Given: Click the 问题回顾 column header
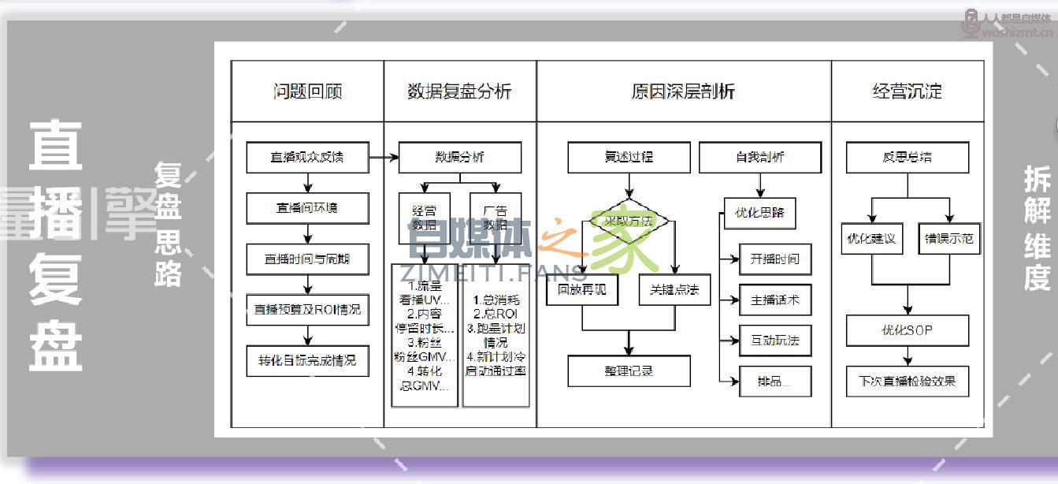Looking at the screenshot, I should (307, 91).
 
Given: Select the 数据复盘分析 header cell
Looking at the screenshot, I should (460, 91).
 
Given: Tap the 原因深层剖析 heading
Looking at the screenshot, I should (683, 91).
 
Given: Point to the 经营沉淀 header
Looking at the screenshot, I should (908, 91).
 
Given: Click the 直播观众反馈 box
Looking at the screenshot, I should (307, 157).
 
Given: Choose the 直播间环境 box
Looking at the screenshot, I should (307, 208).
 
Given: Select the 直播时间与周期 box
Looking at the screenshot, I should (307, 259).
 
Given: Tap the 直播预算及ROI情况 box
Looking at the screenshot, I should (307, 310).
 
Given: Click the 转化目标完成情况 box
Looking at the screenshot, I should (307, 360).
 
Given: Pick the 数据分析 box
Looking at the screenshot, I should (460, 157).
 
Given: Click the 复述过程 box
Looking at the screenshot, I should (629, 157).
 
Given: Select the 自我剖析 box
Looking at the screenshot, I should (760, 157).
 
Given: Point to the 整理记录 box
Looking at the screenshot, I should (629, 370).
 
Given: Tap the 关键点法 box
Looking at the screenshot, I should (674, 289).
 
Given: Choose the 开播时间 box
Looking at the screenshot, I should (775, 259).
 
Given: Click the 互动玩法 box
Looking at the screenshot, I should (775, 341).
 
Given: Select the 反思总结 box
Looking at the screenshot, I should (908, 157).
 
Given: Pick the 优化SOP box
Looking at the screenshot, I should (908, 330).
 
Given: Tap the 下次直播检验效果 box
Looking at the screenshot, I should (908, 381).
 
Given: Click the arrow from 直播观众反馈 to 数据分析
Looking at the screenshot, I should (384, 158).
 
